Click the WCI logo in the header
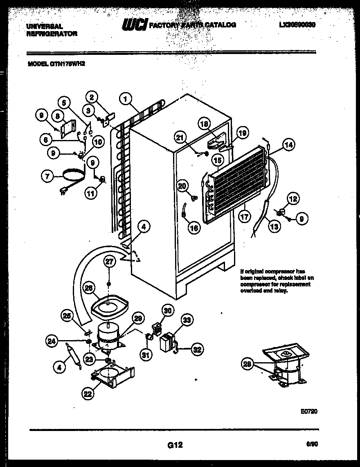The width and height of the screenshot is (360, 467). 135,25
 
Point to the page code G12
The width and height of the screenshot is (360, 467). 174,445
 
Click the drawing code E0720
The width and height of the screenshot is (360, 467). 309,411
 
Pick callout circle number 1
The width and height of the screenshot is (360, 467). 127,98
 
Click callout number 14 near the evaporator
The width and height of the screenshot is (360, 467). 289,144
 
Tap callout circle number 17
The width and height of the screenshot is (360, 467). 244,217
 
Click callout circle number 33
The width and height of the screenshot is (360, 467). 187,321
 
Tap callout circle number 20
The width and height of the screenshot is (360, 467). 182,186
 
